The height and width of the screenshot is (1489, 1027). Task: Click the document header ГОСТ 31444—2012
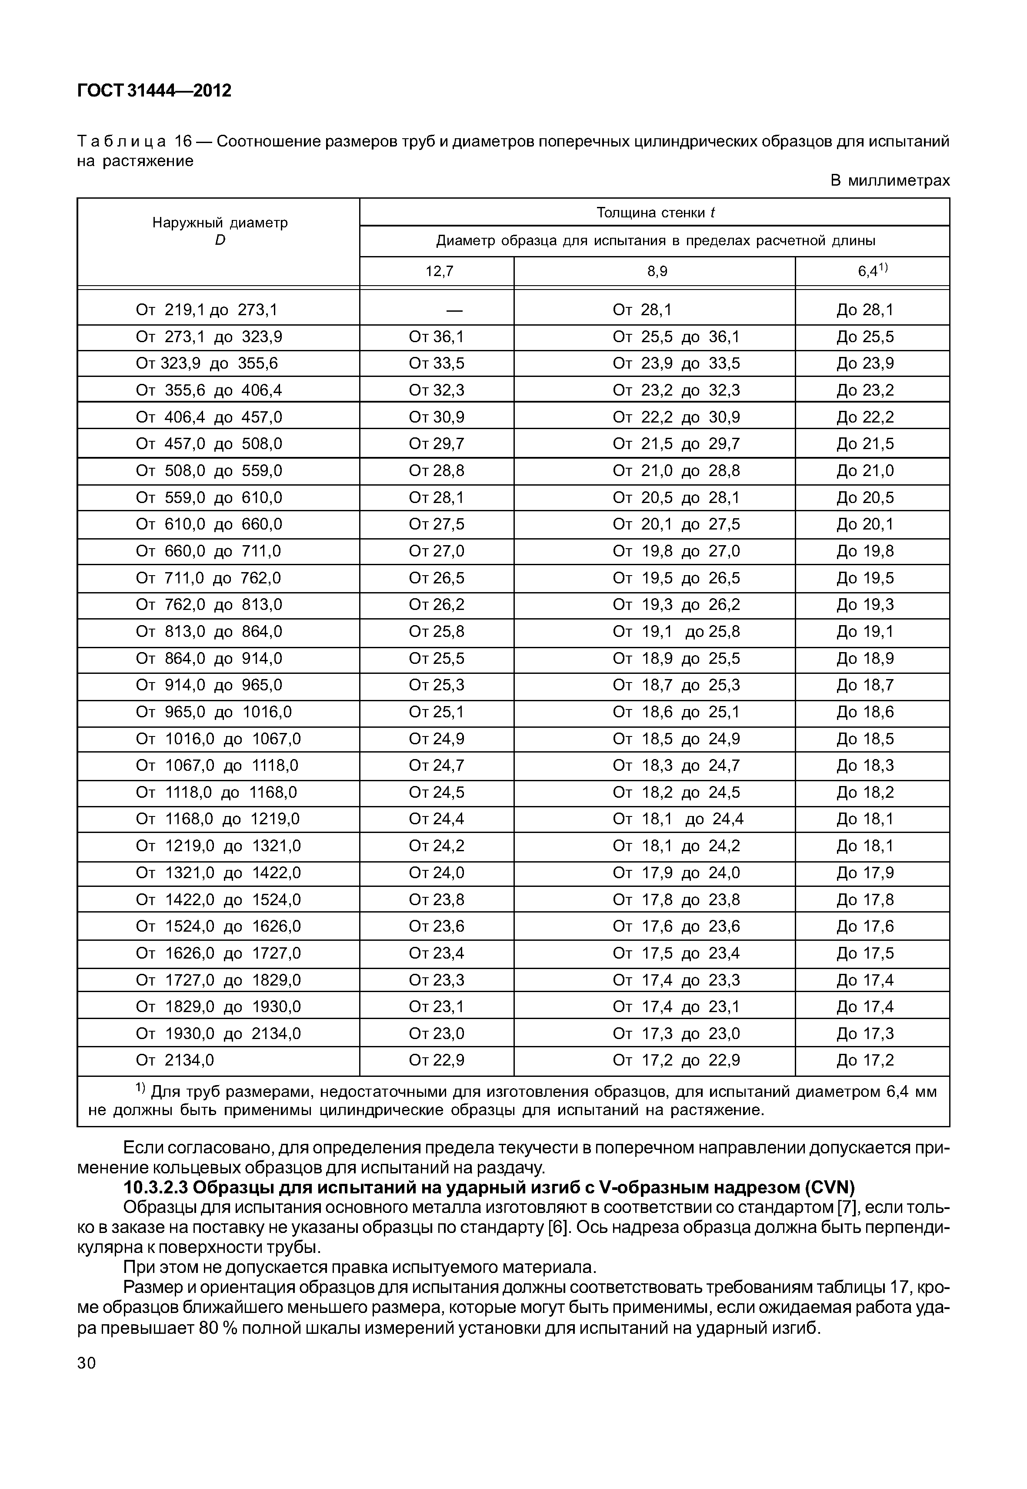pos(154,91)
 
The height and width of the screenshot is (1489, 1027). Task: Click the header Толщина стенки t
pos(655,212)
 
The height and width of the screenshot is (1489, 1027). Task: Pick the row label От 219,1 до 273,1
pos(207,310)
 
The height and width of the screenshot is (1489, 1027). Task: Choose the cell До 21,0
pos(865,471)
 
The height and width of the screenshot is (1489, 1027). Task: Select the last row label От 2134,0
pos(175,1060)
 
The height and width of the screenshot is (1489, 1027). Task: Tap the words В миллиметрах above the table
pos(889,181)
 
